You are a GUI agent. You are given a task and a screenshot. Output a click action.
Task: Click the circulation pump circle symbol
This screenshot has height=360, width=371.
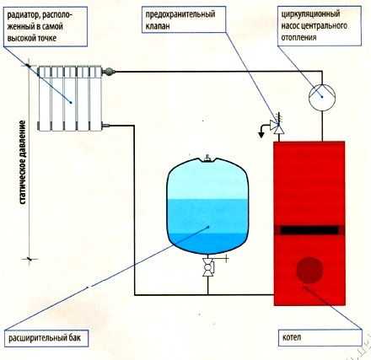pos(322,96)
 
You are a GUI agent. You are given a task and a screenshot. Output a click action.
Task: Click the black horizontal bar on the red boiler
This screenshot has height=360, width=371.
pos(309,230)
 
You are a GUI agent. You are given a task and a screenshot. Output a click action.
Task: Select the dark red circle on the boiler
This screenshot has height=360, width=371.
pos(309,270)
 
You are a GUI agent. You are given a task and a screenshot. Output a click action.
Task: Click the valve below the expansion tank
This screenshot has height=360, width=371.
pos(208,267)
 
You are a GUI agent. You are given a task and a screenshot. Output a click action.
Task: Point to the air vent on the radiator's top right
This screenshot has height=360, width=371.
pos(108,72)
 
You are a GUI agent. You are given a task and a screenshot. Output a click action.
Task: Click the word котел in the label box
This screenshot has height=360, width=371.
pos(292,337)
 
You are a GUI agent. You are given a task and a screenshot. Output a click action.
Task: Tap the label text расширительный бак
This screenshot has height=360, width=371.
pos(45,337)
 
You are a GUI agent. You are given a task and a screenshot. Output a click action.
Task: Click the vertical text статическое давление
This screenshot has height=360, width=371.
pos(23,162)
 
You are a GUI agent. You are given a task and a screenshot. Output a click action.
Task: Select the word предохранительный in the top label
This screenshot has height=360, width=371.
pos(180,14)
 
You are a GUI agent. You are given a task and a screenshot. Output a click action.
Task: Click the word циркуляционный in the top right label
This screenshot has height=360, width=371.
pos(310,14)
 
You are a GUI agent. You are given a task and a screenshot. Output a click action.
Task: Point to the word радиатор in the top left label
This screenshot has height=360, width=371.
pos(24,15)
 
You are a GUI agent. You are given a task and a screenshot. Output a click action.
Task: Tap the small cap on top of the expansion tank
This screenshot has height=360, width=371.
pos(207,159)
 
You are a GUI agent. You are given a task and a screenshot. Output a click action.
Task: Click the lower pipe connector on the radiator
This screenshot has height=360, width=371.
pos(105,126)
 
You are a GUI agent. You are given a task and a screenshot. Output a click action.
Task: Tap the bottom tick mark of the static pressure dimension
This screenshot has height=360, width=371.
pos(30,259)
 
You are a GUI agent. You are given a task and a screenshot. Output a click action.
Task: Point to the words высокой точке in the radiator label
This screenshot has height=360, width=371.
pos(32,38)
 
